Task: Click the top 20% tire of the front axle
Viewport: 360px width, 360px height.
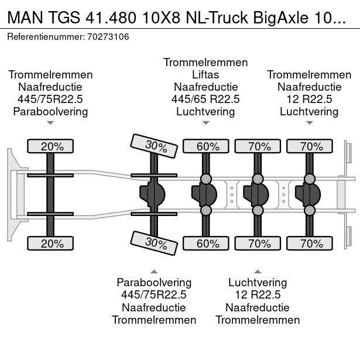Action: [51, 146]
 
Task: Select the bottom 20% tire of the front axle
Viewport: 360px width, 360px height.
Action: [51, 244]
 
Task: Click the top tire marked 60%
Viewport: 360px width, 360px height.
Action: [206, 146]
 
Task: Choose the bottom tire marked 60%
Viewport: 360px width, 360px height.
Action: [206, 244]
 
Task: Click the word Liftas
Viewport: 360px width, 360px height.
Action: [205, 74]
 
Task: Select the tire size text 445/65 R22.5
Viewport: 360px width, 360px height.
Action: [205, 99]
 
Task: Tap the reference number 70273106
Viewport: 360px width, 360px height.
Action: [109, 36]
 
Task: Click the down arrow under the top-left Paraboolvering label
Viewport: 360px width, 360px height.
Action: [50, 123]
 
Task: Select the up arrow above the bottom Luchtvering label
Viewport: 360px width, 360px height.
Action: [258, 272]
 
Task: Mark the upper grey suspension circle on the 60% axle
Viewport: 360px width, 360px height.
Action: [206, 179]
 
